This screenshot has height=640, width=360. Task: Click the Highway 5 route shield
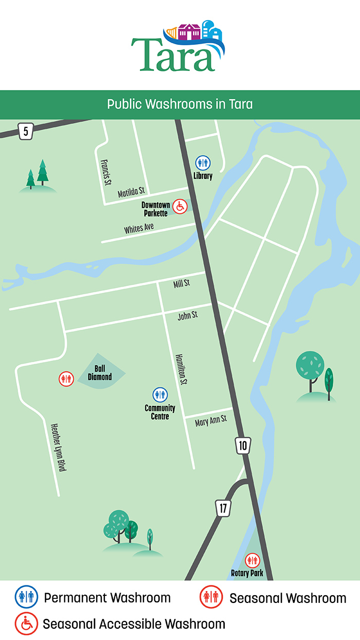[x=25, y=132]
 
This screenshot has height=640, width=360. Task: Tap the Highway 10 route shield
[x=243, y=445]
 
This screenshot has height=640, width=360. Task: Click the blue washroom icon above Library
[x=203, y=163]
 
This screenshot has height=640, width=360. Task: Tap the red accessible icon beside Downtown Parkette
[x=179, y=207]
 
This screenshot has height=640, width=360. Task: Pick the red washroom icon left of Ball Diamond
[x=66, y=379]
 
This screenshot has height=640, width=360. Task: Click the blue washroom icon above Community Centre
[x=160, y=395]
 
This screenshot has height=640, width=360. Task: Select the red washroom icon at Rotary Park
[x=252, y=560]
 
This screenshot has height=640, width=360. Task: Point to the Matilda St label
[x=132, y=193]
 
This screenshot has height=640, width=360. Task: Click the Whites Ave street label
[x=139, y=228]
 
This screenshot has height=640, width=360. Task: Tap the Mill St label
[x=182, y=283]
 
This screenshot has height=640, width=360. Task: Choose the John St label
[x=188, y=315]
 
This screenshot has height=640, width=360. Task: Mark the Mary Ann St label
[x=211, y=422]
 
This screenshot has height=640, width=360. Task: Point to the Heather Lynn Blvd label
[x=59, y=447]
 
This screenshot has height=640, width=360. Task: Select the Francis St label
[x=106, y=172]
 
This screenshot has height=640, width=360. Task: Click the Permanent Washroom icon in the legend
[x=26, y=597]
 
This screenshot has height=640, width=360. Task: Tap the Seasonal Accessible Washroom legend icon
[x=26, y=624]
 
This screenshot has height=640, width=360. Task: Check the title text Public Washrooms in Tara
[x=180, y=104]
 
